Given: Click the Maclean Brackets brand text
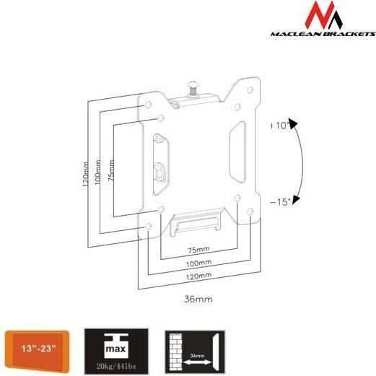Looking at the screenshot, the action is (x=323, y=34).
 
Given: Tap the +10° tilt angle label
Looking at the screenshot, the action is (x=279, y=126).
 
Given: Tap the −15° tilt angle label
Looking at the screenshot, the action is (x=280, y=202).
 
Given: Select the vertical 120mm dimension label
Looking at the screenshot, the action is (x=86, y=174).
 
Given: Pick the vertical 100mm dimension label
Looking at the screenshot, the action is (x=97, y=172).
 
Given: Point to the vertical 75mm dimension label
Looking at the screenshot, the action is (x=111, y=170).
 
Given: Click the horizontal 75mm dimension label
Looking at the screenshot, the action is (x=198, y=250).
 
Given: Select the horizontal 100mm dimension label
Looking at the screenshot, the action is (x=198, y=263).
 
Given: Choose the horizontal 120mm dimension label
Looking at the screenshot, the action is (x=199, y=276).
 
